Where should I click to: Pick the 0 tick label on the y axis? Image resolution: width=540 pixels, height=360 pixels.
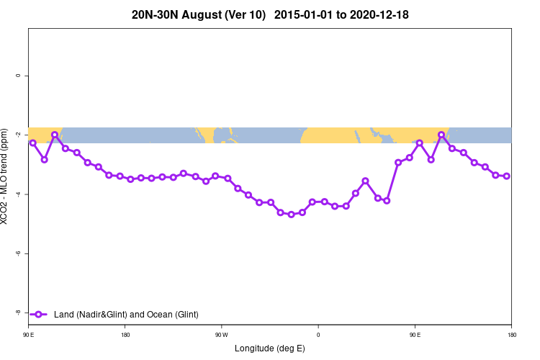(17, 76)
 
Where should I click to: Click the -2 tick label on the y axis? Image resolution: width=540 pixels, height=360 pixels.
(17, 135)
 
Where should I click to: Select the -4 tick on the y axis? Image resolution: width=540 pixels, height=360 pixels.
(17, 194)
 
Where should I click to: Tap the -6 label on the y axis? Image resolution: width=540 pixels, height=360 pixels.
(17, 253)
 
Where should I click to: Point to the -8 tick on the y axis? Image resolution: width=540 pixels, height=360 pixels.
(17, 312)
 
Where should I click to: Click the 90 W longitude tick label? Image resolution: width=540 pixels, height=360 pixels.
(221, 335)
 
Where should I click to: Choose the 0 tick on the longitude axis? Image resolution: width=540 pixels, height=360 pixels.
(318, 335)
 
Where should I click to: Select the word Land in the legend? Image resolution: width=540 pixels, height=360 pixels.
(64, 315)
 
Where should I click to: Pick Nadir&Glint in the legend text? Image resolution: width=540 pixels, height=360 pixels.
(102, 315)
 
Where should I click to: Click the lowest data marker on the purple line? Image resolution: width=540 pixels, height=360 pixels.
(291, 215)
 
